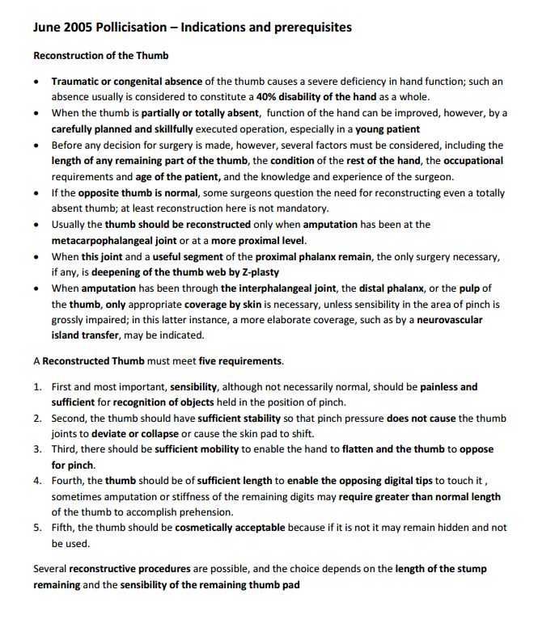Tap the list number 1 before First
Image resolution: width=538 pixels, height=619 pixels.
coord(37,387)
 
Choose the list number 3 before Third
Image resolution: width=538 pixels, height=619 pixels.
coord(37,449)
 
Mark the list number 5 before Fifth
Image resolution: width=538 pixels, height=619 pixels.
coord(37,528)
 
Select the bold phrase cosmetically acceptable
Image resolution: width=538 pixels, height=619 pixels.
coord(229,528)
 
